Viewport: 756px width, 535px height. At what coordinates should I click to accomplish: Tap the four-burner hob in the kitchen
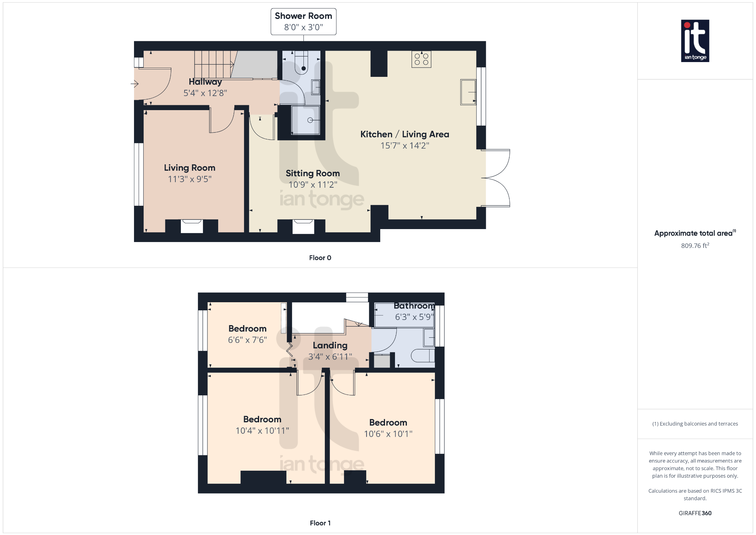[421, 59]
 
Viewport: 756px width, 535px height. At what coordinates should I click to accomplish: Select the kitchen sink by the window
[468, 92]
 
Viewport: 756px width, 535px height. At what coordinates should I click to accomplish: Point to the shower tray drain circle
[310, 120]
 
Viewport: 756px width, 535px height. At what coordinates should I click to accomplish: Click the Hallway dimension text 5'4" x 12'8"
[205, 93]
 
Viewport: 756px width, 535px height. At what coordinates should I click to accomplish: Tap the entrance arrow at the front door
[135, 84]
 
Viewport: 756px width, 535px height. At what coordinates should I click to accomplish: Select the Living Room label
[189, 168]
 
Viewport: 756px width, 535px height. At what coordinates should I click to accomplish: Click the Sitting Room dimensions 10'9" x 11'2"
[313, 184]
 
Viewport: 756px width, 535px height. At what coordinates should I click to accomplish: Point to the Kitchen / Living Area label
[405, 134]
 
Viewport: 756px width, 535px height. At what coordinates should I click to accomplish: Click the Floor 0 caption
[320, 258]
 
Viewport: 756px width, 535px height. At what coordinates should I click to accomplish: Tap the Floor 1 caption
[320, 523]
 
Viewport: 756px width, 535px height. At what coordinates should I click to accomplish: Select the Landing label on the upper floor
[330, 345]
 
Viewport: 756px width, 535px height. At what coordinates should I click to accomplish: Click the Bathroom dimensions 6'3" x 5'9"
[414, 317]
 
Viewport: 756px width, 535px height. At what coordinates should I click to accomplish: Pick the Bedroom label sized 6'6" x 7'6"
[247, 329]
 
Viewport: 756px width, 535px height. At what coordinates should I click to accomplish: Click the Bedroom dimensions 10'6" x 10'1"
[388, 434]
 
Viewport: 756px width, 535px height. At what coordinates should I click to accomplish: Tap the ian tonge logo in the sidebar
[695, 41]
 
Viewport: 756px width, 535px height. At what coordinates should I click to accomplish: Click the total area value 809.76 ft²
[695, 246]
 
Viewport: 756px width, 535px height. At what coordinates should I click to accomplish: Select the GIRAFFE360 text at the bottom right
[695, 513]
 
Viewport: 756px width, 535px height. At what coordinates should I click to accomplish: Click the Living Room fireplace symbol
[192, 226]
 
